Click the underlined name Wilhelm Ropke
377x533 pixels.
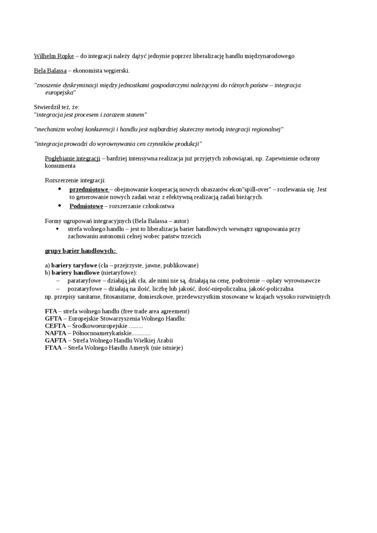click(54, 56)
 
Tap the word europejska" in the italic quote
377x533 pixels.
click(61, 93)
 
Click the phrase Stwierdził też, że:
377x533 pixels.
click(57, 107)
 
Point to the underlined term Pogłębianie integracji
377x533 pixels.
click(72, 158)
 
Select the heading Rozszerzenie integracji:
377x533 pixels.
click(75, 180)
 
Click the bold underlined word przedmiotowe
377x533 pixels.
click(89, 189)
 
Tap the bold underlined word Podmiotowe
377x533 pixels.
click(86, 206)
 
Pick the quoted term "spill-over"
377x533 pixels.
click(257, 189)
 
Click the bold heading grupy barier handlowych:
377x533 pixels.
click(80, 251)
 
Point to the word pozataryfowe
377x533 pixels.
click(84, 289)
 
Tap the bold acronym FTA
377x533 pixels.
click(51, 311)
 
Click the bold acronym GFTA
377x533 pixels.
click(53, 318)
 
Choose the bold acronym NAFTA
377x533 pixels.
click(55, 333)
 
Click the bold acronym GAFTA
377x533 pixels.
click(55, 341)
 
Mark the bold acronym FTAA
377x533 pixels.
click(53, 348)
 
